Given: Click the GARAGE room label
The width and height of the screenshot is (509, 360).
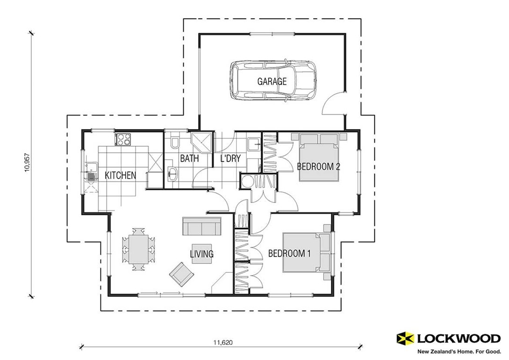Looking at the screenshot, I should (272, 81).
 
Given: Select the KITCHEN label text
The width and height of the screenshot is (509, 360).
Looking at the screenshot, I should (120, 175).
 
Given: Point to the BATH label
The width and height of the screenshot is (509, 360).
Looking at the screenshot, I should (189, 158).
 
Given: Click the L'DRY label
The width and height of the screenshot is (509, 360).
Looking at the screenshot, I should (230, 158).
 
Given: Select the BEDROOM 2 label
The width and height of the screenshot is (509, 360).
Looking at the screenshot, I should (318, 166).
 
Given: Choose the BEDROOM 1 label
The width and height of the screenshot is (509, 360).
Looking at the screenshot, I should (289, 253).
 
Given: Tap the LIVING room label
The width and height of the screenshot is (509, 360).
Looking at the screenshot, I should (201, 254).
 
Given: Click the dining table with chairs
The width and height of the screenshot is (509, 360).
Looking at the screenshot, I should (138, 249).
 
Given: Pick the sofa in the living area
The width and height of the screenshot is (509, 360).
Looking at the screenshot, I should (201, 226).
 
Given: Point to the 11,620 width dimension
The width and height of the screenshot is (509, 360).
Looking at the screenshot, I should (222, 342).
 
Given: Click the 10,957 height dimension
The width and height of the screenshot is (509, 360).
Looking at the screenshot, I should (27, 164).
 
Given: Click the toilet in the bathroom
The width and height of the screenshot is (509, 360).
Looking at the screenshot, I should (175, 142).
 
